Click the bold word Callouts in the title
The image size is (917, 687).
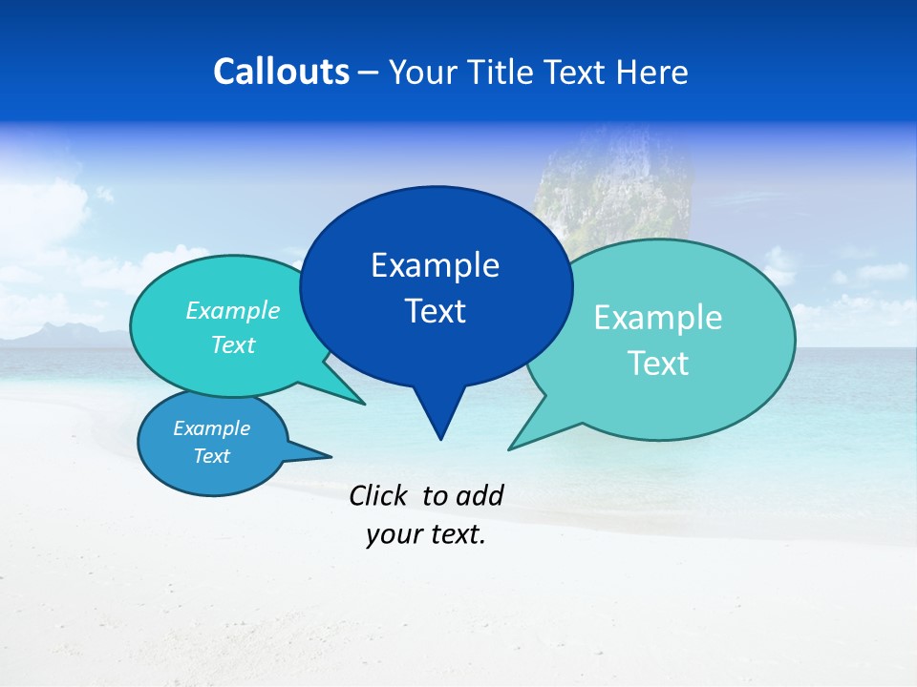[281, 72]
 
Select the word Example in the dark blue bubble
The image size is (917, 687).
[435, 265]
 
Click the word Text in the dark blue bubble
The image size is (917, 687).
[435, 311]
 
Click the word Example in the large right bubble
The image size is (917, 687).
[658, 318]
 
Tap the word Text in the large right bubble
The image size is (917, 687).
[658, 364]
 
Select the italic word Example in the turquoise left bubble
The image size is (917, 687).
[233, 311]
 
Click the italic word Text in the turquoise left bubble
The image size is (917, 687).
[233, 345]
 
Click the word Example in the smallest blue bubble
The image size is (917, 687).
[211, 428]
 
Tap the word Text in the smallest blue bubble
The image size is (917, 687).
[211, 456]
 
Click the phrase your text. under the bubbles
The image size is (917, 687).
[426, 534]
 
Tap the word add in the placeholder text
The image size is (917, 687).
[479, 495]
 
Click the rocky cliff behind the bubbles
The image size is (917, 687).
[611, 191]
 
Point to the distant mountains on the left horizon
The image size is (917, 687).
[57, 334]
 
